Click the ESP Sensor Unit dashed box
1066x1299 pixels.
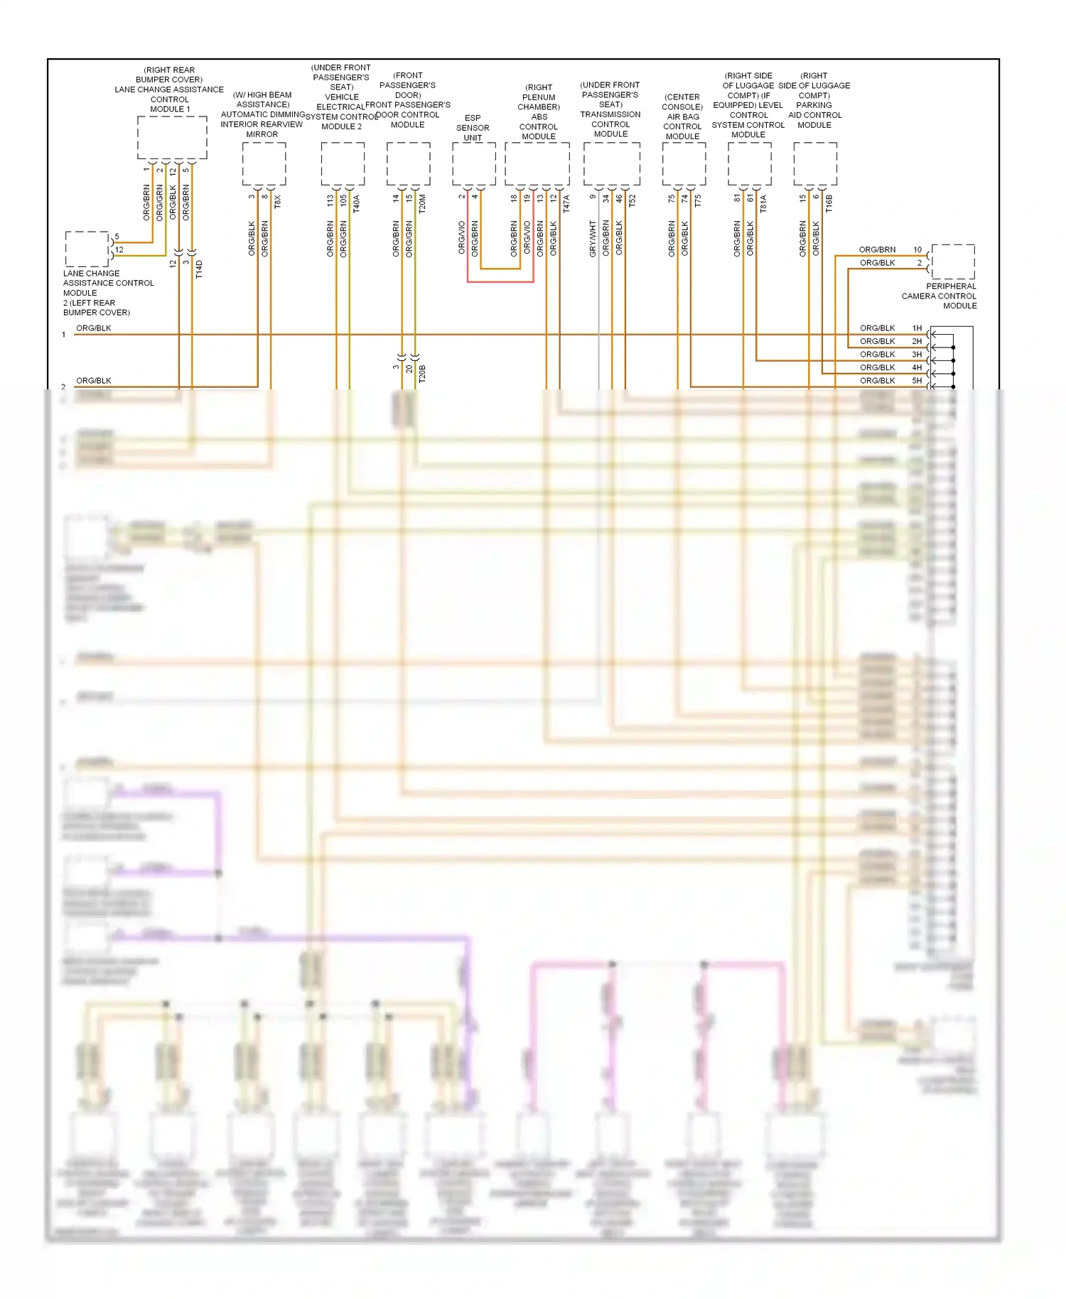tap(474, 164)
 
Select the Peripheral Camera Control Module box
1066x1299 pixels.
tap(952, 262)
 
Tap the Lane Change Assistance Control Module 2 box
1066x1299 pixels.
tap(87, 249)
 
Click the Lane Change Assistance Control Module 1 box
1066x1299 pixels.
tap(172, 138)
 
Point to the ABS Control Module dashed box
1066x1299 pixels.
tap(537, 164)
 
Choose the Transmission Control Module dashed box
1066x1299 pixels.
tap(611, 164)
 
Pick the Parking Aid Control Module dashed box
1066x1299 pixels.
tap(815, 164)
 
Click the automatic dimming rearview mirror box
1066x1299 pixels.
tap(264, 164)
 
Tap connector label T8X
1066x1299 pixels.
tap(278, 201)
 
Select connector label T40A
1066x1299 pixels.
tap(357, 203)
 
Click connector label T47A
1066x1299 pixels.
tap(566, 203)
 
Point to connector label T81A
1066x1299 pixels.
tap(763, 203)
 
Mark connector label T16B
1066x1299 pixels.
tap(829, 203)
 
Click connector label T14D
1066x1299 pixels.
tap(199, 269)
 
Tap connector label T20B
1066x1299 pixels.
tap(421, 374)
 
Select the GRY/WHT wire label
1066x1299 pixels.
tap(593, 238)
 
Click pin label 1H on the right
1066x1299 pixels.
tap(917, 328)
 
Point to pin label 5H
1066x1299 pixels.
tap(917, 381)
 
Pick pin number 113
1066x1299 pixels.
tap(330, 201)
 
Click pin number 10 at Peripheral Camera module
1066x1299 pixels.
tap(917, 249)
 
